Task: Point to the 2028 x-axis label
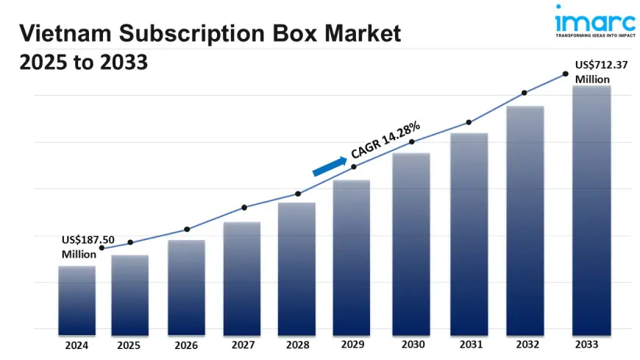(296, 344)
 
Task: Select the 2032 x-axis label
(525, 344)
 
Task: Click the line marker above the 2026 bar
(187, 230)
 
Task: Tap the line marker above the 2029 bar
(354, 167)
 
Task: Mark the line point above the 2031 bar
(469, 122)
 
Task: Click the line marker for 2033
(565, 74)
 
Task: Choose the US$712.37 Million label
(601, 71)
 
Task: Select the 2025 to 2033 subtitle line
(84, 63)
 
